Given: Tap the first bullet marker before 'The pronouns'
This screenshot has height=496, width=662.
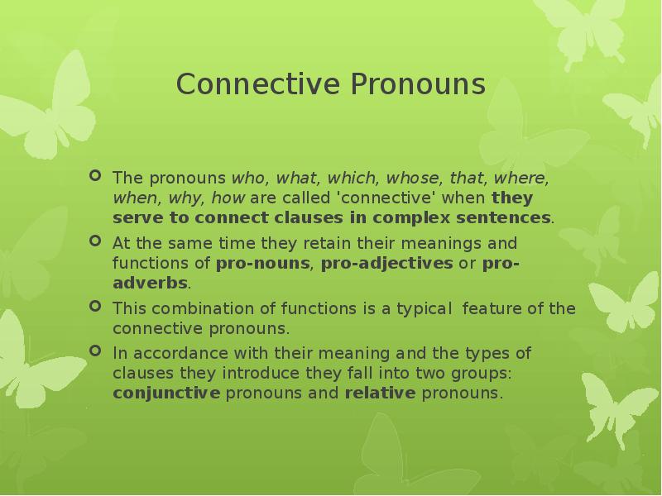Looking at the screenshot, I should [x=95, y=176].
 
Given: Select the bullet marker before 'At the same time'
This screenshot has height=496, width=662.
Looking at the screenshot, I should [x=95, y=242].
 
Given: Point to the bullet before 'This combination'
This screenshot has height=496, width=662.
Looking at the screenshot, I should [x=95, y=308].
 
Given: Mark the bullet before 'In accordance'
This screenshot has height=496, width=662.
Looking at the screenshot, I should [x=95, y=352].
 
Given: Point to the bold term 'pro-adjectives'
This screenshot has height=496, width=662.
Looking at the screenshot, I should [x=386, y=264].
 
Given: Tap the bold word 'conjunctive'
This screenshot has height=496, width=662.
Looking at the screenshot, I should [x=165, y=393].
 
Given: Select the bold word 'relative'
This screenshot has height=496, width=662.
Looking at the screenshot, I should [x=379, y=393].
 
